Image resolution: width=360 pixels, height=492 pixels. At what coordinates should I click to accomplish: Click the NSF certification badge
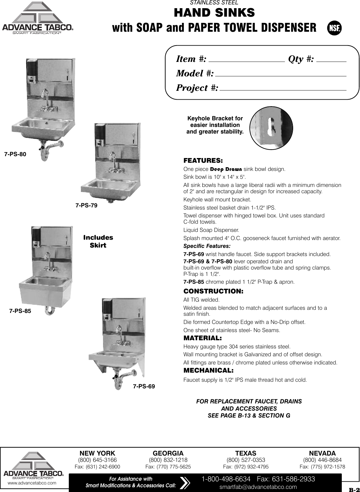(x=334, y=28)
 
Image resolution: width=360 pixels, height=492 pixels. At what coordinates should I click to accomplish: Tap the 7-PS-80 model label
(x=15, y=154)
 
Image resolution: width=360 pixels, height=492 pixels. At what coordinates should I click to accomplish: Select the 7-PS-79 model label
(x=86, y=206)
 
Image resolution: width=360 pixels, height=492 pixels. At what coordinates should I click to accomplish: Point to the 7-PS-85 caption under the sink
(x=20, y=311)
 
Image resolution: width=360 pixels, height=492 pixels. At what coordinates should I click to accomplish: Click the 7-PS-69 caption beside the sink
(x=144, y=386)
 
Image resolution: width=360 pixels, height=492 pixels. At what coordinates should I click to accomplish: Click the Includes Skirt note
(x=98, y=241)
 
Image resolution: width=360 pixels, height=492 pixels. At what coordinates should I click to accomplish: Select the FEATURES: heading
(x=203, y=161)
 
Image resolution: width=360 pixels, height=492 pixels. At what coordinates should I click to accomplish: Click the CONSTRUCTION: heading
(x=213, y=291)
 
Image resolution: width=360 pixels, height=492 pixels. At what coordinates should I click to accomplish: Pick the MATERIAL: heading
(x=202, y=338)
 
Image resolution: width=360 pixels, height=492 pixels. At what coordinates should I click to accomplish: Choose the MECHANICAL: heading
(x=208, y=370)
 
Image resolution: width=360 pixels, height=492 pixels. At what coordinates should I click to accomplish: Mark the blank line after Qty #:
(x=331, y=61)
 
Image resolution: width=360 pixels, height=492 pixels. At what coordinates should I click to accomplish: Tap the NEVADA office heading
(x=322, y=453)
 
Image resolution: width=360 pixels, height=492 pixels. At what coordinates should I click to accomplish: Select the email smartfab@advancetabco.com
(x=258, y=487)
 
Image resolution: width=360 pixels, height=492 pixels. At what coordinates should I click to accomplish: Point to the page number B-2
(x=354, y=489)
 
